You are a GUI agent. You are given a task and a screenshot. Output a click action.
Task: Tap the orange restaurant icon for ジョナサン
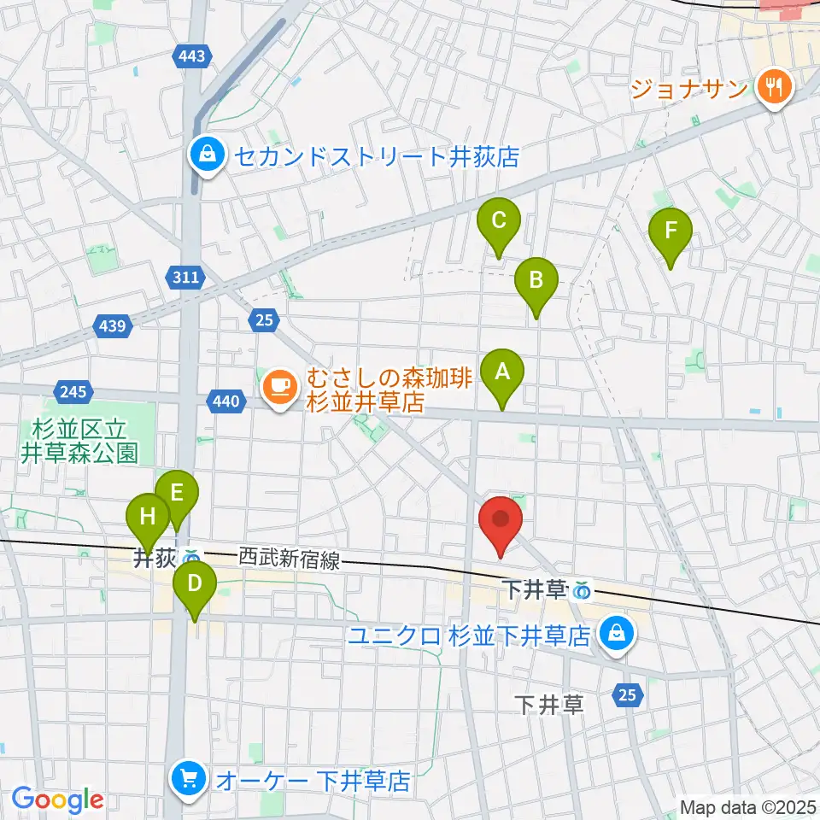click(775, 86)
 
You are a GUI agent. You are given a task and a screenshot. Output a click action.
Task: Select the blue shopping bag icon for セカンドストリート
click(208, 155)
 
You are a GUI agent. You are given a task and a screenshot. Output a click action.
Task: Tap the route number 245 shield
click(73, 392)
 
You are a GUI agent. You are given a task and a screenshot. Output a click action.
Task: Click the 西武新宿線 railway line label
click(289, 560)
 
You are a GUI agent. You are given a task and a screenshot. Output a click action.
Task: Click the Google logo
click(58, 799)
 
